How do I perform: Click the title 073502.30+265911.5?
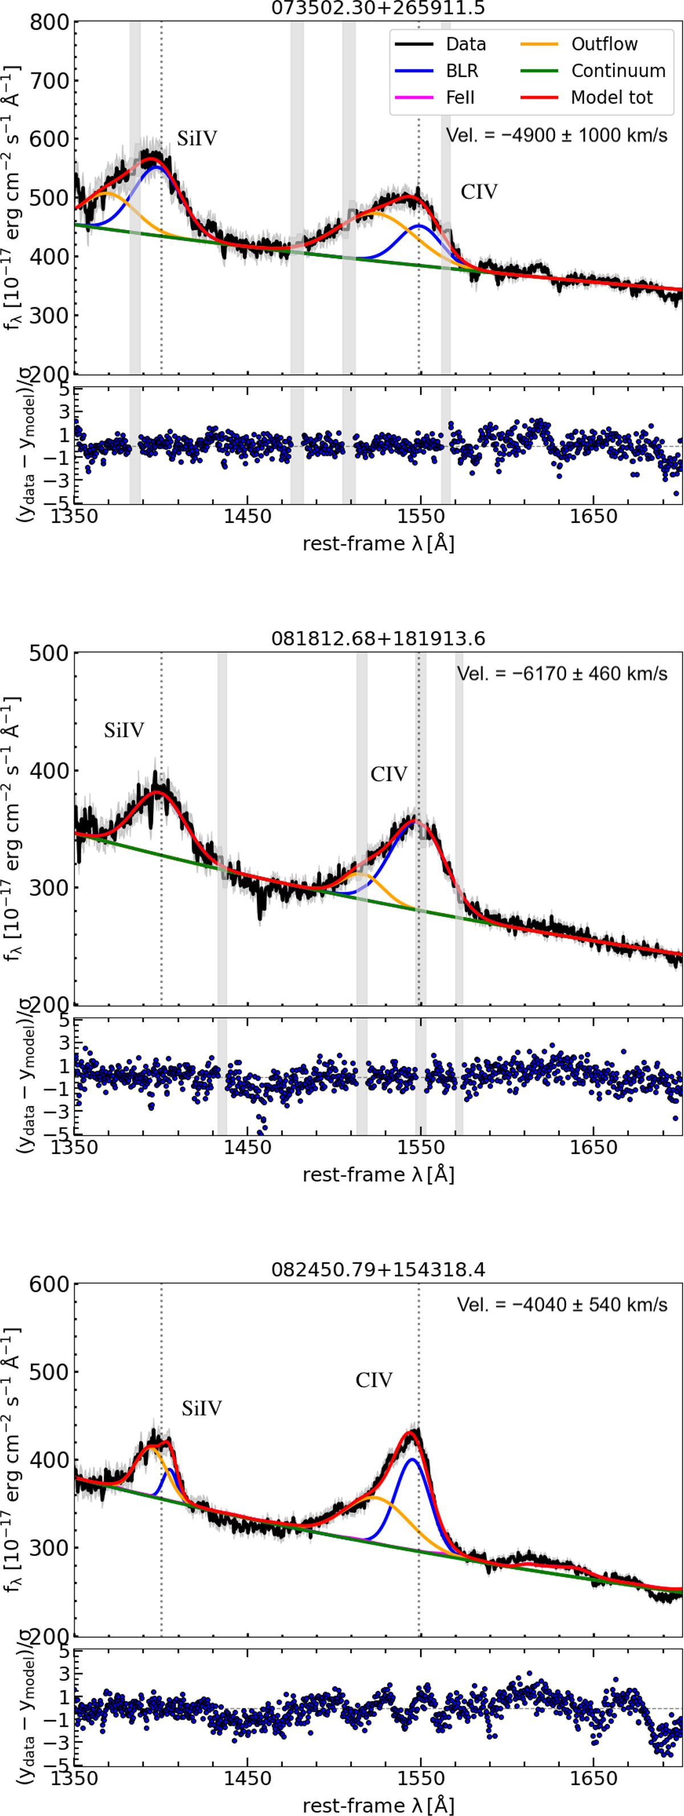pos(378,9)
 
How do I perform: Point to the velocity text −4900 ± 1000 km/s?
pos(556,135)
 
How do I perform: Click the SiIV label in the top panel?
pos(197,139)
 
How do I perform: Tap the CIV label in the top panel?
pos(479,192)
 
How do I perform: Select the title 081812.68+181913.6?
pos(378,639)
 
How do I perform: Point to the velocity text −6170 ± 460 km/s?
pos(561,673)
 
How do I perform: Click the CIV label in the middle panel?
pos(389,775)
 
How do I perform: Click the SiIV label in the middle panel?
pos(124,730)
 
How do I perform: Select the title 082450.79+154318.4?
pos(378,1270)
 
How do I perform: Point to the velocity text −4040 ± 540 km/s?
pos(561,1304)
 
